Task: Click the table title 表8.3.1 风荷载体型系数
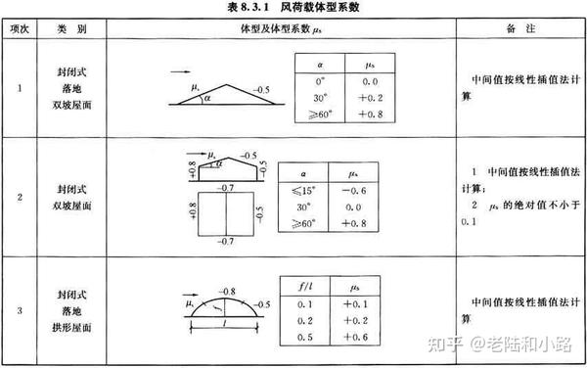pos(294,8)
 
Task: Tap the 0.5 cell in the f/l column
pos(303,337)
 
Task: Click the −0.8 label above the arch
pos(230,291)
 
